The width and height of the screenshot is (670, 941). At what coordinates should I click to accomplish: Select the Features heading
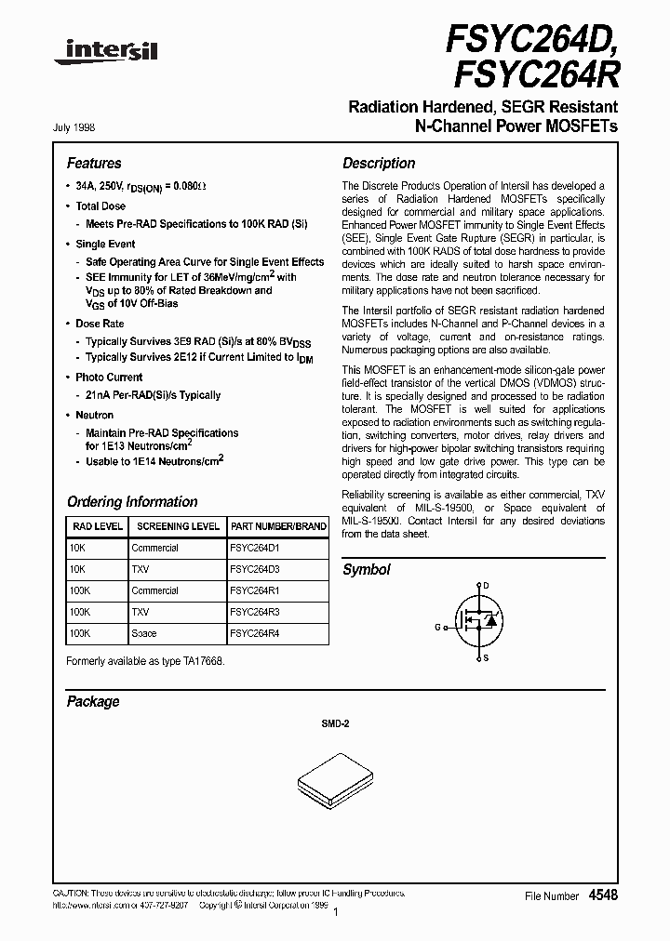click(x=94, y=163)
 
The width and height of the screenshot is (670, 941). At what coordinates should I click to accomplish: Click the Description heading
click(x=379, y=163)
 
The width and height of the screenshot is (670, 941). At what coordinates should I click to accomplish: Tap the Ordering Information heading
click(x=132, y=501)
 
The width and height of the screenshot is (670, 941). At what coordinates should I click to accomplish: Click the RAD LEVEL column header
click(x=97, y=526)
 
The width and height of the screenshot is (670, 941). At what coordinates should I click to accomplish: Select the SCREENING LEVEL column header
click(x=177, y=526)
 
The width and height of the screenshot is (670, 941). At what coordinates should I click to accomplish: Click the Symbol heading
click(x=367, y=569)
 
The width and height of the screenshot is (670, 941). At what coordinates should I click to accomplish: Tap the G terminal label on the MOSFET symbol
click(x=436, y=627)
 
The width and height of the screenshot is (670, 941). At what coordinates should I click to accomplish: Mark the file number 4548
click(x=603, y=895)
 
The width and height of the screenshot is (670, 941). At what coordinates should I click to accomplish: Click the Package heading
click(x=93, y=701)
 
